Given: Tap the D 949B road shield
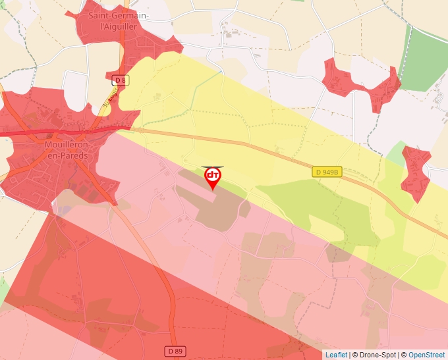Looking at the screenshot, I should point(327,172).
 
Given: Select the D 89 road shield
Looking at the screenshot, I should point(175,351).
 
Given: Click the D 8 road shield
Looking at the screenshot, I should point(119,80).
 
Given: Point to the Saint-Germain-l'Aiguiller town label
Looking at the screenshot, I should point(118,20).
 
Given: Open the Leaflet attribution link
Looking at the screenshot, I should point(336,355).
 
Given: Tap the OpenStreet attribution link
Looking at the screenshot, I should point(427,355).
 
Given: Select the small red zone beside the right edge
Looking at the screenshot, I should point(415,172).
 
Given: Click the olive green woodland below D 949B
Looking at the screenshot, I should point(316,204).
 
